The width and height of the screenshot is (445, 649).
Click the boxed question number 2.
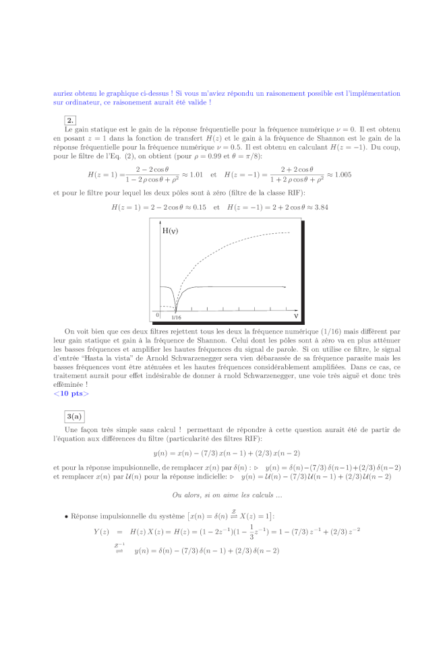(x=70, y=121)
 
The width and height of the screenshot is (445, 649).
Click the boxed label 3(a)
(x=74, y=416)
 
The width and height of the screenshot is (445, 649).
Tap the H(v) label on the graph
(x=171, y=230)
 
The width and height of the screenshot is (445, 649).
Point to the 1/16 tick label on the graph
(x=176, y=317)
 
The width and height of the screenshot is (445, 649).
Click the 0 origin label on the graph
(x=157, y=315)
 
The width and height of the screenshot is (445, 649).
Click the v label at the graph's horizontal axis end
(x=295, y=315)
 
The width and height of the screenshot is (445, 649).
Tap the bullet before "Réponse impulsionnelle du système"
(x=66, y=516)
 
